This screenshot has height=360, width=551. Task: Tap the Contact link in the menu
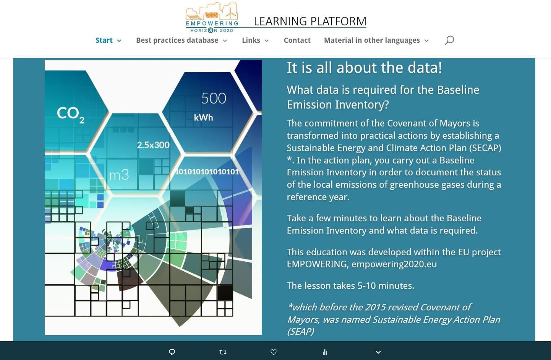(297, 40)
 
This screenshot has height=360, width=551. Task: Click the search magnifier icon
(449, 40)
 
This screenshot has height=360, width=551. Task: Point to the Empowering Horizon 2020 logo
(212, 17)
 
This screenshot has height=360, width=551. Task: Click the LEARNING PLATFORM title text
(310, 21)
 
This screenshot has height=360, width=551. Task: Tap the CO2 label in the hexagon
(71, 115)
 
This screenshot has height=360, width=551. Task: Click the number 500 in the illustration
(214, 98)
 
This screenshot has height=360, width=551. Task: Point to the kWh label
(203, 118)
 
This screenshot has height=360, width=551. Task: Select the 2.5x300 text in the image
(153, 145)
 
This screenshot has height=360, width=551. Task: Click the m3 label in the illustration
(119, 175)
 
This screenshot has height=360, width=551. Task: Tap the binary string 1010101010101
(207, 172)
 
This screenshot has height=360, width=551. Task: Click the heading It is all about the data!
(364, 68)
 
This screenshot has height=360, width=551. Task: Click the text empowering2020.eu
(394, 264)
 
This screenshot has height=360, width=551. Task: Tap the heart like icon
(274, 352)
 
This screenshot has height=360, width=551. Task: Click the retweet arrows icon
(223, 352)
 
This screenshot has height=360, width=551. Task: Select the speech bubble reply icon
(172, 352)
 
